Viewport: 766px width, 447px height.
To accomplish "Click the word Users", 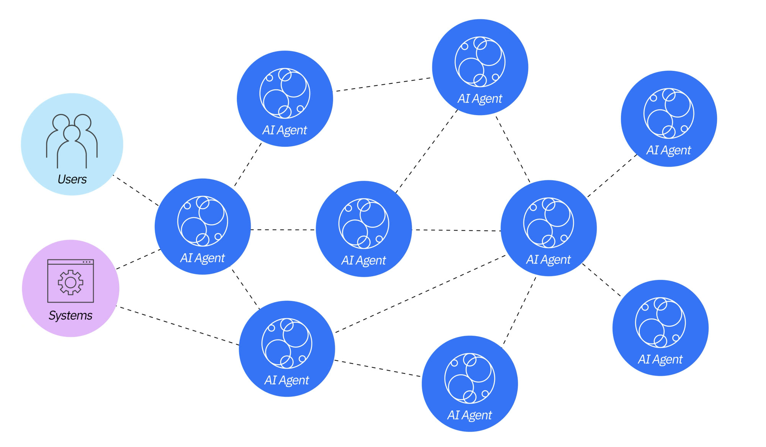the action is click(72, 179).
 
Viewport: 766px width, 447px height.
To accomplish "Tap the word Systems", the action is click(70, 315).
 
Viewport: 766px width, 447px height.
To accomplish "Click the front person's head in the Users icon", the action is click(72, 133).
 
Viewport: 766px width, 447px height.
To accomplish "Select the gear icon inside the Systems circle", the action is click(70, 282).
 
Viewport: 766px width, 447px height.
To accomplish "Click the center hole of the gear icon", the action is click(70, 282).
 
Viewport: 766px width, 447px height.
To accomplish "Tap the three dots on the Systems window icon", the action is click(87, 262).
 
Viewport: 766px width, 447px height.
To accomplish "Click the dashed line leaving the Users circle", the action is click(136, 190).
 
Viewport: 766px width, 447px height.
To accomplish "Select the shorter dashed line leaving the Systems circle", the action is click(138, 259).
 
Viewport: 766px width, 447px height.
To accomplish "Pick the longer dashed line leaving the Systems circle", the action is click(178, 325).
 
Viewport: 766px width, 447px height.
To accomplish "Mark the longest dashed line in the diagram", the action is click(421, 294).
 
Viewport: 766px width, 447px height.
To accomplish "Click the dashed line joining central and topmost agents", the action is click(426, 151).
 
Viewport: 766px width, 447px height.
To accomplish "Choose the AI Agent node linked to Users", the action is click(203, 227).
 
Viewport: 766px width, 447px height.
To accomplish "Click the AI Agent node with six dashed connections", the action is click(548, 228).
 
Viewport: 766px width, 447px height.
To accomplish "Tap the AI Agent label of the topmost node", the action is click(480, 99).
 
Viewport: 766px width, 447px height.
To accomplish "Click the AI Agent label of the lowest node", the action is click(470, 415).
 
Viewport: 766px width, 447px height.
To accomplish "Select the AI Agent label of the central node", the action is click(363, 261).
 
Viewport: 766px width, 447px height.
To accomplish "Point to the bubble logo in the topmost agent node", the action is click(480, 62).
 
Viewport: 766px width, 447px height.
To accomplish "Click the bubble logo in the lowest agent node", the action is click(470, 378).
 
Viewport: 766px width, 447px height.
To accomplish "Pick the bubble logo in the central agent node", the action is click(363, 223).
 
